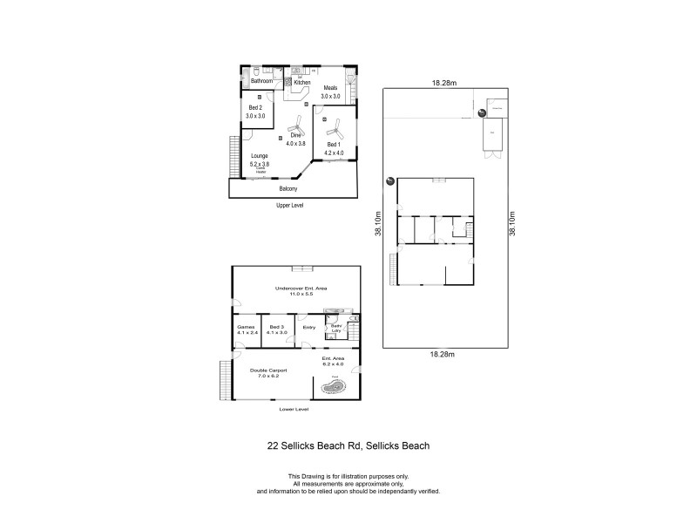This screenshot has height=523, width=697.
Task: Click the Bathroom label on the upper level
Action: [262, 81]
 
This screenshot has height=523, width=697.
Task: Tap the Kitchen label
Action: [301, 82]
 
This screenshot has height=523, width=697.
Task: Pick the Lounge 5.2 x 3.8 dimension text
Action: [260, 161]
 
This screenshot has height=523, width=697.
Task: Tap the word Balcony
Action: [288, 189]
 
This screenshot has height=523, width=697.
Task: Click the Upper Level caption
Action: [288, 205]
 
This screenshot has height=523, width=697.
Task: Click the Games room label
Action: [246, 329]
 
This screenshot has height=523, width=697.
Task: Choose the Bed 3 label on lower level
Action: [278, 329]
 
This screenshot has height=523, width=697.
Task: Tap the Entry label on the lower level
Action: [308, 328]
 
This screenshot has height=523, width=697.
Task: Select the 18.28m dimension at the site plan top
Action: [444, 83]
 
